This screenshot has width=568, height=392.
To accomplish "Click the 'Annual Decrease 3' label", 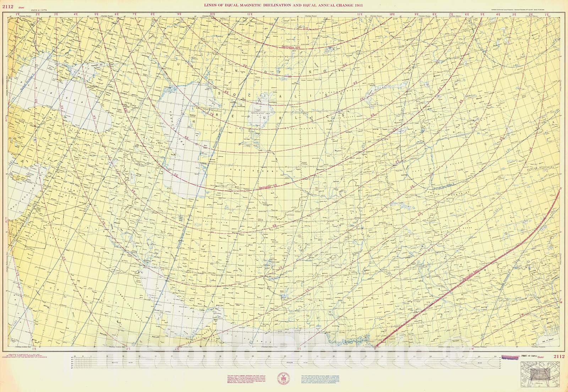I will pyautogui.click(x=443, y=186).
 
